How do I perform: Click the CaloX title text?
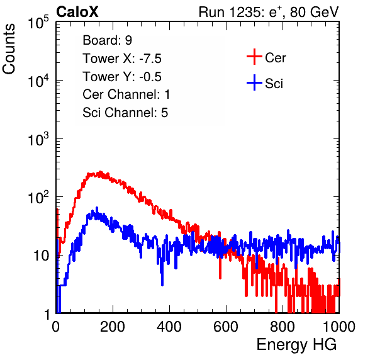77,12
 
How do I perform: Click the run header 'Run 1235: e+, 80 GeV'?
269,12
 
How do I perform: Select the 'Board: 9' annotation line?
107,40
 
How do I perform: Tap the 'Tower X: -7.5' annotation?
122,59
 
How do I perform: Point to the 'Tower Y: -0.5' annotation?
122,77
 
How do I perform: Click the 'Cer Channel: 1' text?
126,94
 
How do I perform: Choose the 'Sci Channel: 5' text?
125,113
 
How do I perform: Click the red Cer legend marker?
254,57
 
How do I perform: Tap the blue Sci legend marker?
254,83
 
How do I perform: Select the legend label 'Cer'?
275,58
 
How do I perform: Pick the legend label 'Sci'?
274,84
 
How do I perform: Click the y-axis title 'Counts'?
9,49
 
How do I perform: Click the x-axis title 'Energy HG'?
296,345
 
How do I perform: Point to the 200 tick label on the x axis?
113,327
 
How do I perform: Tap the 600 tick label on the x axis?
226,327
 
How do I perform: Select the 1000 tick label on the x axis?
339,327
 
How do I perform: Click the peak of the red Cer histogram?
101,172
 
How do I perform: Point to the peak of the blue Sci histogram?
97,208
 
